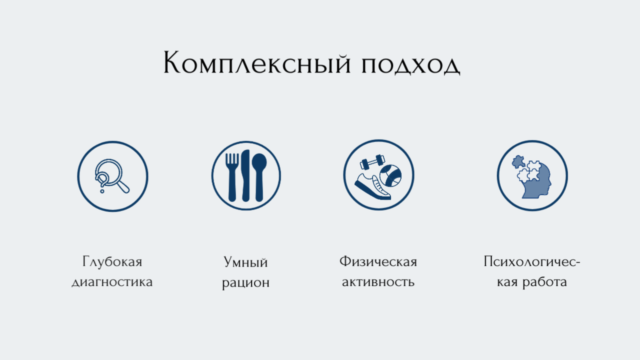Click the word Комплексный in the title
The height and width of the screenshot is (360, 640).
pos(257,62)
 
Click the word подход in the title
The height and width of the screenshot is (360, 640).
pos(411,65)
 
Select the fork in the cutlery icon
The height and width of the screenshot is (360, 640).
pos(232,177)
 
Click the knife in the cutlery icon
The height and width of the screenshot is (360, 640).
pos(245,175)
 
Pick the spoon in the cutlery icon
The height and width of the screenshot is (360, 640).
pos(259,177)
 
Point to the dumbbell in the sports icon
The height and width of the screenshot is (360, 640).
pos(372,162)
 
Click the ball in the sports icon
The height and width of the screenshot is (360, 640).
pos(390,175)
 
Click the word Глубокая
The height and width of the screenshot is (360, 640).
pos(112,261)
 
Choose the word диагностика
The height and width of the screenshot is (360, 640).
pos(112,282)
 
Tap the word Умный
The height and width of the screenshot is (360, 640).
pos(245,262)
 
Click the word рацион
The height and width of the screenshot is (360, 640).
pos(245,283)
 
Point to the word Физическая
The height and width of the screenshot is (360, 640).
pos(378,261)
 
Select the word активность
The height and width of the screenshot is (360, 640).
pos(378,282)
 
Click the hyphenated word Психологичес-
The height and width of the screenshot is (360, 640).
pos(531,261)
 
